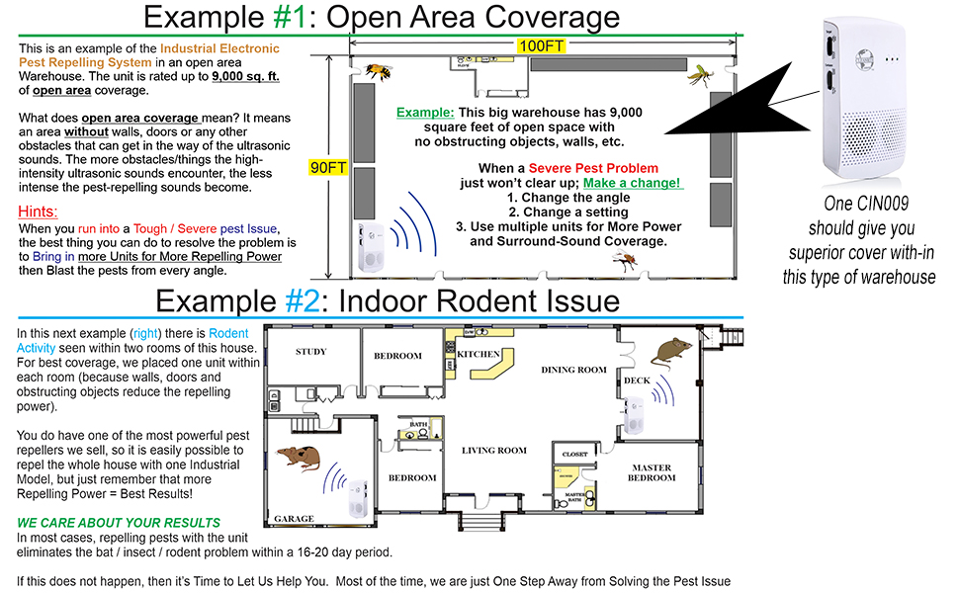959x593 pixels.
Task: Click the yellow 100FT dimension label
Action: tap(543, 45)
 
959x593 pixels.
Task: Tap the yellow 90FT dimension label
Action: tap(327, 168)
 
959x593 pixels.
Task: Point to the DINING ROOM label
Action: tap(573, 370)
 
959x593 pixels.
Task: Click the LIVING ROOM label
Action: tap(494, 451)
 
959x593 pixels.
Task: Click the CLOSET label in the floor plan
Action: tap(574, 455)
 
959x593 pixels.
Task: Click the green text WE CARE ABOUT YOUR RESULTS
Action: tap(120, 523)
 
